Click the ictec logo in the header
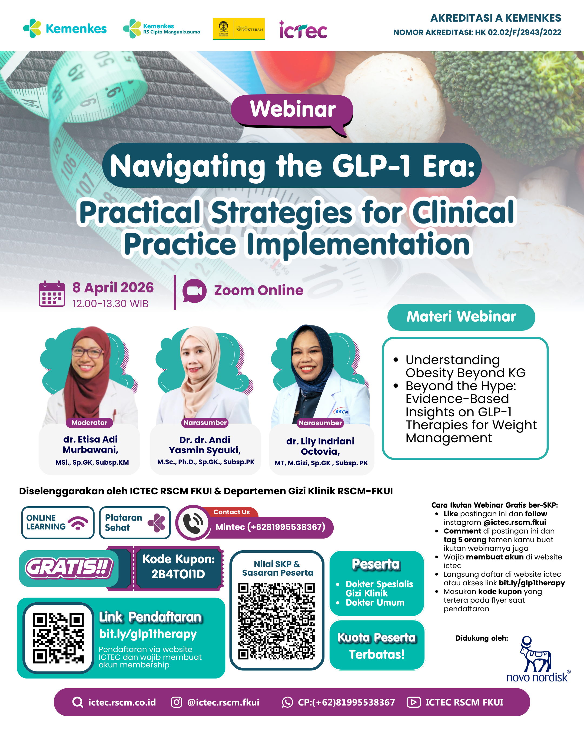(303, 30)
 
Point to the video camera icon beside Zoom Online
(194, 291)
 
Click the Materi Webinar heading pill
(461, 317)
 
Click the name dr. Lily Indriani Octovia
(320, 446)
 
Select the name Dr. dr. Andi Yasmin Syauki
(205, 445)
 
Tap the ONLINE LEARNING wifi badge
(58, 522)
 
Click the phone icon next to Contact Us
(193, 523)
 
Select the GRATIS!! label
(69, 568)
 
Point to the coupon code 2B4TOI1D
(178, 574)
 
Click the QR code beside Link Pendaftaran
(58, 638)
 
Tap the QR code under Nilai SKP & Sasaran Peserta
(277, 621)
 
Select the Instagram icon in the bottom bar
(176, 702)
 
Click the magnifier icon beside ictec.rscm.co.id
(78, 702)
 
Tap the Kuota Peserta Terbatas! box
(377, 645)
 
